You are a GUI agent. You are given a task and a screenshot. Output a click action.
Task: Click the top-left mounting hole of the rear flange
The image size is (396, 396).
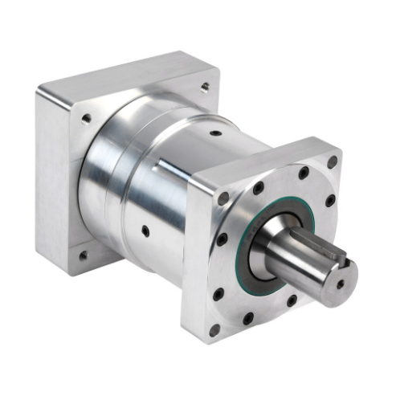pos(86,119)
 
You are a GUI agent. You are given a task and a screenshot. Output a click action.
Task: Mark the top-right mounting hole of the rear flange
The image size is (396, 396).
pos(205,87)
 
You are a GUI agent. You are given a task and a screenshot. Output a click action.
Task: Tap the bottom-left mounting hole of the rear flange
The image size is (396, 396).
pos(83,256)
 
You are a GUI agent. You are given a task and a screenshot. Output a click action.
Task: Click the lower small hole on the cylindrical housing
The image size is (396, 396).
pos(145,231)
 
